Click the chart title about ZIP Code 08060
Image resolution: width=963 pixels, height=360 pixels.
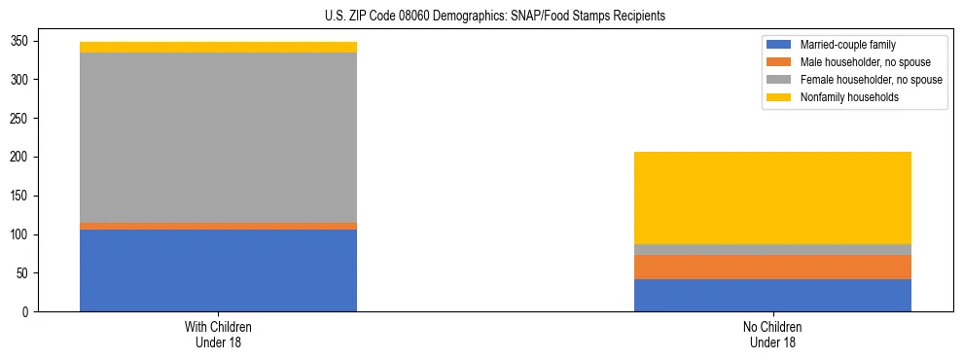coord(495,17)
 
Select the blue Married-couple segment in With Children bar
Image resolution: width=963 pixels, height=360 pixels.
coord(218,270)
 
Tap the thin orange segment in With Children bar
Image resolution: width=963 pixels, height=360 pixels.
coord(218,226)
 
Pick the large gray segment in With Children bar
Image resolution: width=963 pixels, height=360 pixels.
coord(218,137)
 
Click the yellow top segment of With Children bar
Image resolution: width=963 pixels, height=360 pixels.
coord(218,47)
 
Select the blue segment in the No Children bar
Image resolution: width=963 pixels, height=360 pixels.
coord(772,295)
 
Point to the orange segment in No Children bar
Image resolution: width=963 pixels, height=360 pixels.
coord(772,267)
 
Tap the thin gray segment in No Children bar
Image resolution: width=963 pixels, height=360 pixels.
coord(772,249)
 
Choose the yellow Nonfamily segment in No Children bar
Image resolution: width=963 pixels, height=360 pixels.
coord(772,198)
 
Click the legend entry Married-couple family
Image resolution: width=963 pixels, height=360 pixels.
coord(847,45)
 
